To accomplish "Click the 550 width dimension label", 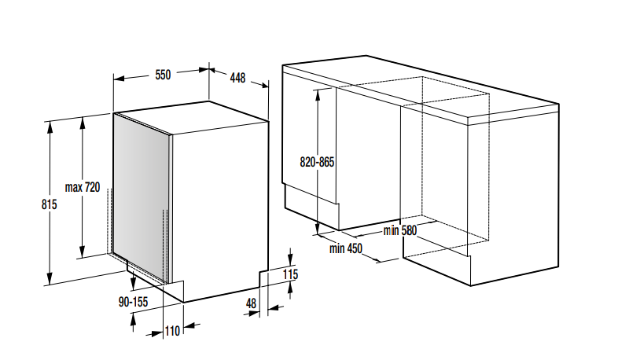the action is pyautogui.click(x=163, y=75).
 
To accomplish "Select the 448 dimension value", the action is pyautogui.click(x=237, y=78).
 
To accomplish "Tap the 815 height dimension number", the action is pyautogui.click(x=50, y=204).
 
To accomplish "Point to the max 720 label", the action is pyautogui.click(x=83, y=187).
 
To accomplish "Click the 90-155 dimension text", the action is pyautogui.click(x=133, y=302).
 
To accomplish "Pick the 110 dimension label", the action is pyautogui.click(x=172, y=331).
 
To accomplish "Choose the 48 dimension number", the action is pyautogui.click(x=251, y=303).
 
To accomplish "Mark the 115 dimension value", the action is pyautogui.click(x=290, y=274).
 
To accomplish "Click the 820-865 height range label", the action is pyautogui.click(x=317, y=162).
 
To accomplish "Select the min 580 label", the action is pyautogui.click(x=400, y=230).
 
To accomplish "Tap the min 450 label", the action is pyautogui.click(x=346, y=248).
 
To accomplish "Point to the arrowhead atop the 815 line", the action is pyautogui.click(x=50, y=127).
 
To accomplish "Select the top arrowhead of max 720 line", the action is pyautogui.click(x=83, y=123).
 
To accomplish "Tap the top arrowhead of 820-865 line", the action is pyautogui.click(x=317, y=94).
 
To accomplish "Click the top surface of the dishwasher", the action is pyautogui.click(x=193, y=117).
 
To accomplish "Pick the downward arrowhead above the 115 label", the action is pyautogui.click(x=290, y=259).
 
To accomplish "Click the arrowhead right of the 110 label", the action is pyautogui.click(x=189, y=325).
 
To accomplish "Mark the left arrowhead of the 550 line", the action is pyautogui.click(x=119, y=79).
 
